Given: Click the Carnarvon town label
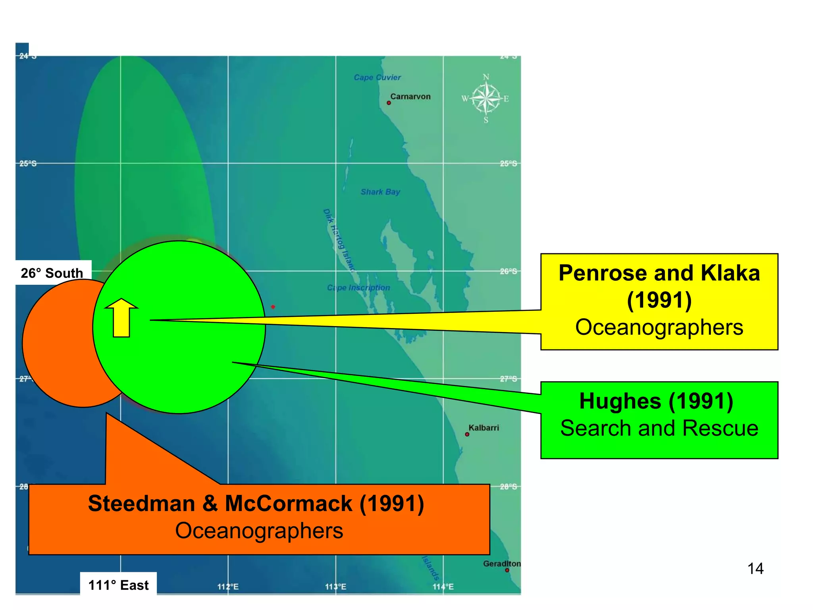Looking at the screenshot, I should (x=410, y=97).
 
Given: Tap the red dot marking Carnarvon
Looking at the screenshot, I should (x=389, y=103).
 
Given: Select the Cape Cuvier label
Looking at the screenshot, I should (x=377, y=77).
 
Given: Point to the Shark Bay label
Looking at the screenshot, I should (x=380, y=192).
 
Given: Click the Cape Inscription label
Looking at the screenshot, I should (x=358, y=288).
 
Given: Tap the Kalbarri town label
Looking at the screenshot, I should (x=484, y=428).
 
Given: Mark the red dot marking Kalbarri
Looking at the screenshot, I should (x=467, y=434).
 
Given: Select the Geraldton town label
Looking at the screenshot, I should (x=501, y=564).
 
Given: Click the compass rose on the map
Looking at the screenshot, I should (x=485, y=98).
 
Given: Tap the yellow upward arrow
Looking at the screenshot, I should (x=121, y=318).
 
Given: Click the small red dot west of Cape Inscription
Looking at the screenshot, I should (x=273, y=307).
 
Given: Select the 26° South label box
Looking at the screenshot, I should (x=52, y=273).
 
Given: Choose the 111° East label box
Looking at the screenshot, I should (x=118, y=585).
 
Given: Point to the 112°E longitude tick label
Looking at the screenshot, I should (x=228, y=587).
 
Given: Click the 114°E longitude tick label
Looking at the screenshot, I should (x=443, y=587).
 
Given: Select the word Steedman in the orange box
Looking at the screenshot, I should (x=141, y=504).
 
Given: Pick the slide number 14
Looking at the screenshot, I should (x=755, y=569).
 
